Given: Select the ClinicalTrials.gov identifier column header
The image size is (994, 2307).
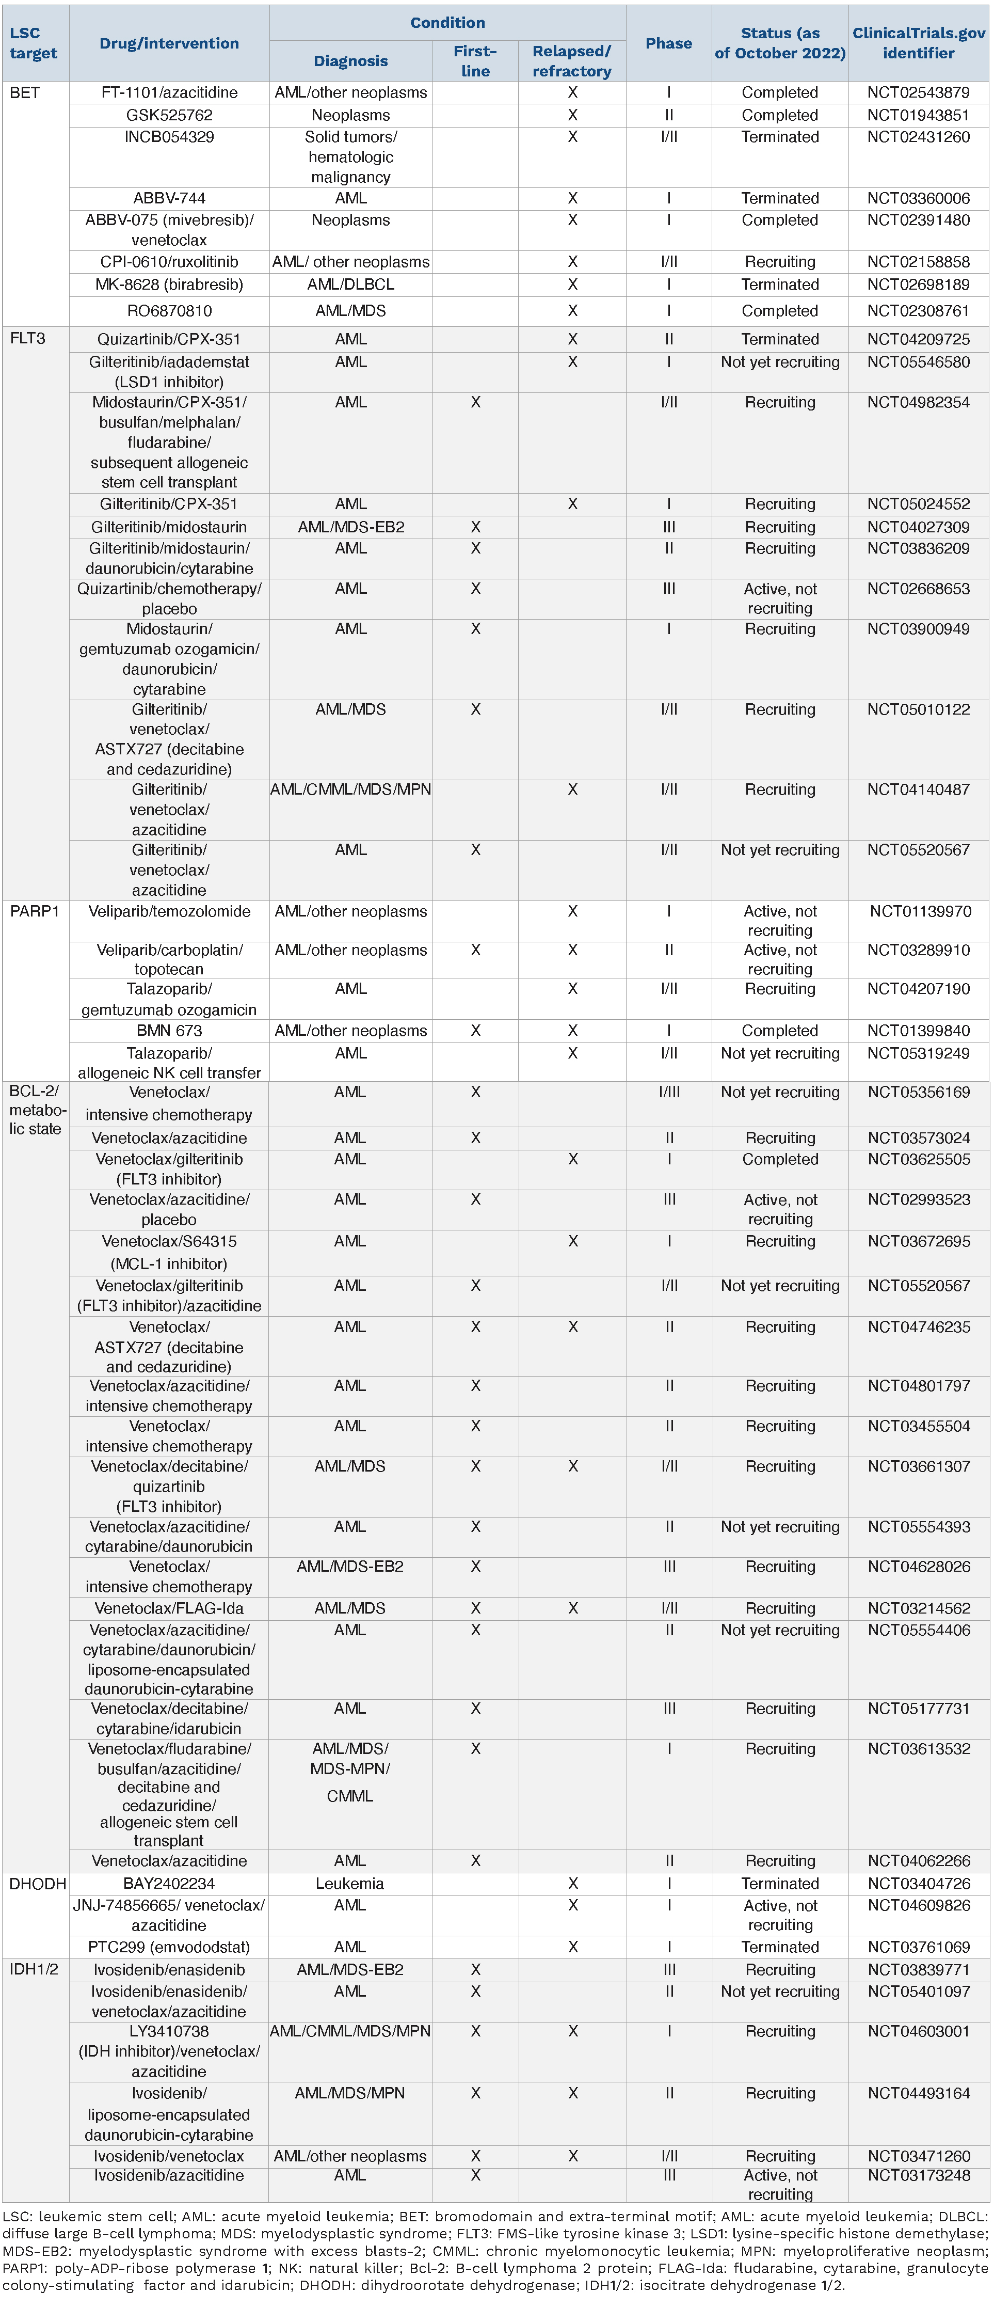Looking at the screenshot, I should point(918,43).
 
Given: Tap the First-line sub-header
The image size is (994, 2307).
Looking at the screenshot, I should point(475,61).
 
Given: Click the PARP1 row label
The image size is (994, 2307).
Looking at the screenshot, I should point(34,911).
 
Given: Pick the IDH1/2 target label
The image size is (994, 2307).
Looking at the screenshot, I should point(34,1969).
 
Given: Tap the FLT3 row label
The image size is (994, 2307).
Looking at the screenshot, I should point(28,339).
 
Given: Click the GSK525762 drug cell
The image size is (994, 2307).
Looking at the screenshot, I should point(169,115).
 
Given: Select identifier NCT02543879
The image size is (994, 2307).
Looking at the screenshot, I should point(918,92).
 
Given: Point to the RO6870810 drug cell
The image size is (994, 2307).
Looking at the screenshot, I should point(169,311).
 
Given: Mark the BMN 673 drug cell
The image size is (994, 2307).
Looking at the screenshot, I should point(169,1031).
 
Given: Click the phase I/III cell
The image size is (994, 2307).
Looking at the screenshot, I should point(669,1092).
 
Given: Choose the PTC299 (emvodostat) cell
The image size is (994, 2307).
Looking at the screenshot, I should point(169,1947).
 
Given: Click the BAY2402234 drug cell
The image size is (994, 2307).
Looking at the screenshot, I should point(169,1884).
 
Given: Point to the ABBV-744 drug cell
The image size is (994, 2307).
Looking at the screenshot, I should point(169,198).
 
